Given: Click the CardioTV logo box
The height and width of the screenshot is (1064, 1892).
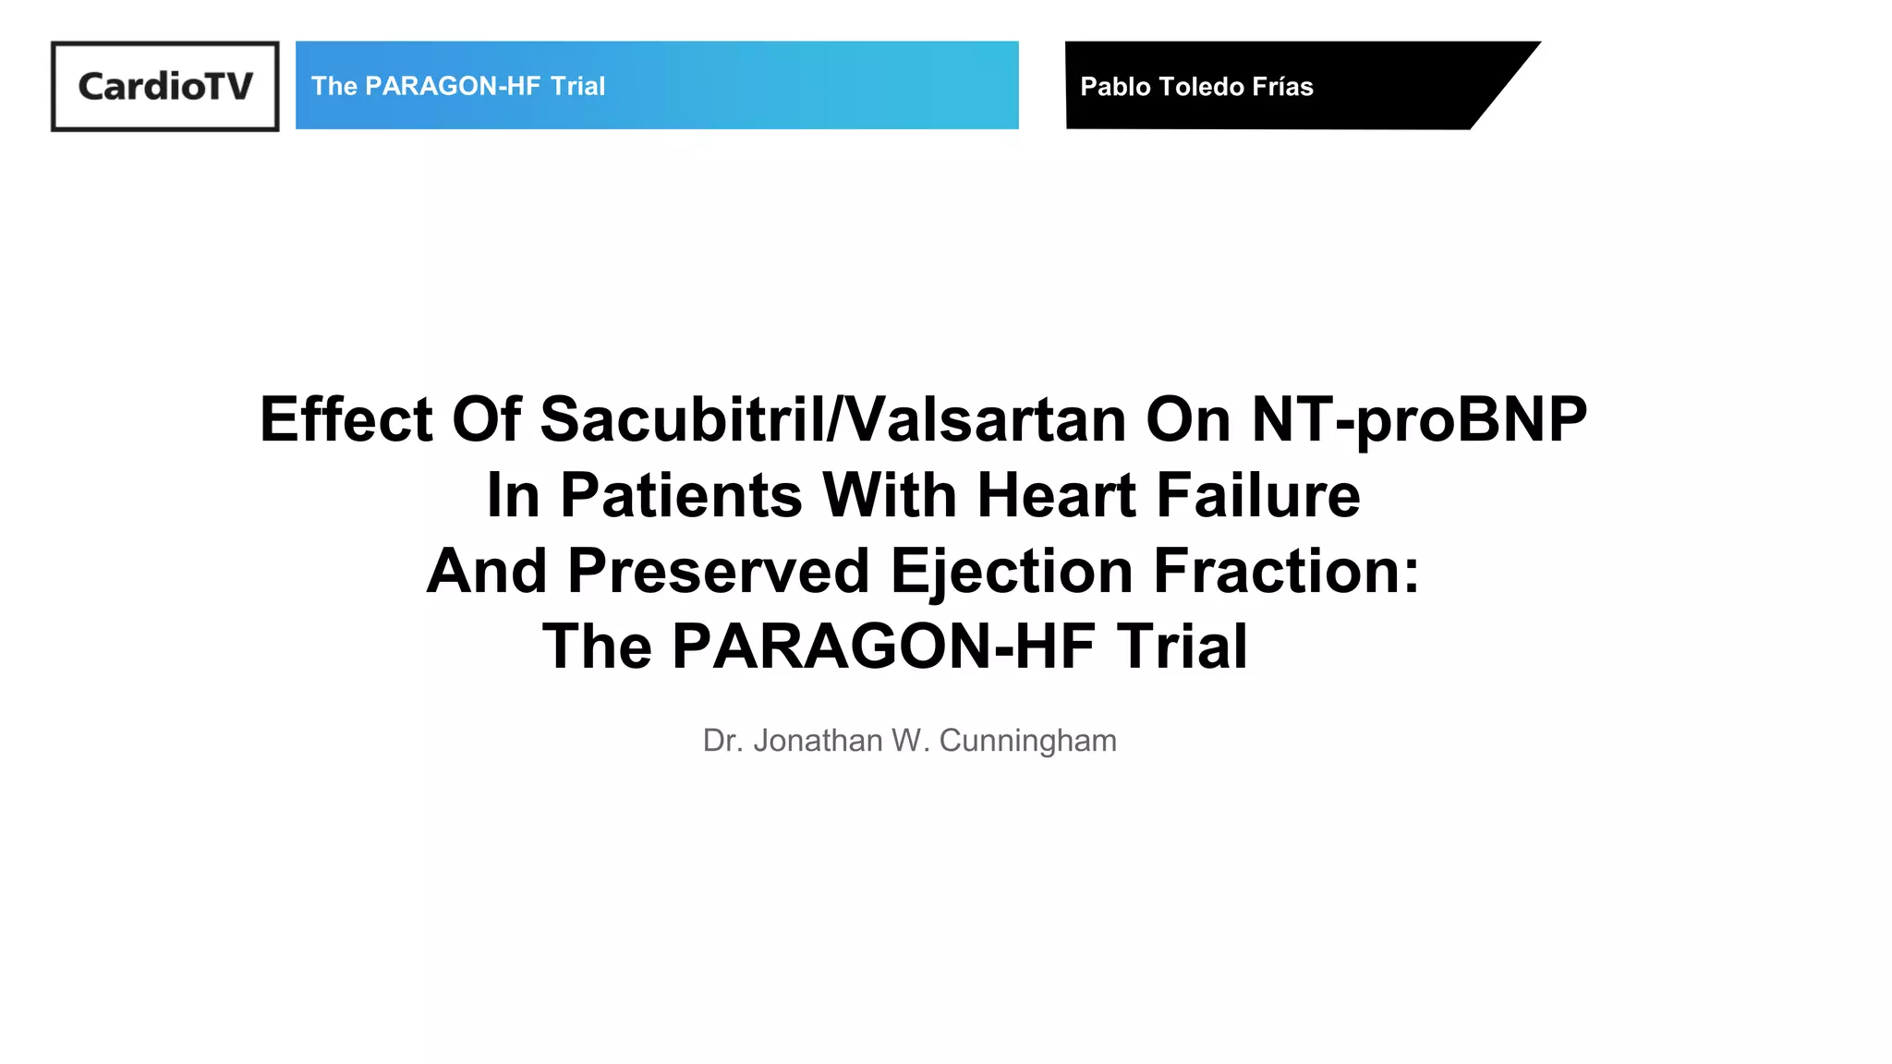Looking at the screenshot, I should pos(164,86).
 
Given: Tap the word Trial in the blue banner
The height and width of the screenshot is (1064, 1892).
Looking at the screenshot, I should pos(577,86).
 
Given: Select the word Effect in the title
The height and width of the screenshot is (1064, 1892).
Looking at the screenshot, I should pos(346,420).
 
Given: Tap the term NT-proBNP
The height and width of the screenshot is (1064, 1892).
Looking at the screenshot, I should pos(1419,420).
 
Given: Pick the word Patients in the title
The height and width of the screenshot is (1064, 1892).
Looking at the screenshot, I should pos(681,496).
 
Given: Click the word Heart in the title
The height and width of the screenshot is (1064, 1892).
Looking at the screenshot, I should pos(1056,496).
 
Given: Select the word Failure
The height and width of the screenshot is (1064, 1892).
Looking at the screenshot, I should pos(1258,496).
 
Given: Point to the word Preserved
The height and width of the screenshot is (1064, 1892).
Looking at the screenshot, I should pos(718,571).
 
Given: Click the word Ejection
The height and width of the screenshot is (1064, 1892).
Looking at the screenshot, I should pos(1012,571).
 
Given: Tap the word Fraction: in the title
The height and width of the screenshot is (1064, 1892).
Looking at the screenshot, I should pos(1286,571).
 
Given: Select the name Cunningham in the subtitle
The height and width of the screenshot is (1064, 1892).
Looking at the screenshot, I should pos(1027,741).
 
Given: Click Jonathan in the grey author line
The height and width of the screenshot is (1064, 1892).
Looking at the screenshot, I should pos(818,741).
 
